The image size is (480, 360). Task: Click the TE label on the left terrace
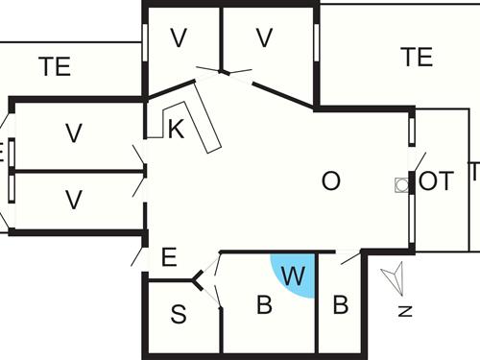(x=55, y=67)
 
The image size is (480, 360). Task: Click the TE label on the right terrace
(x=417, y=58)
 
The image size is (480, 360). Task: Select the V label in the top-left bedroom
(x=178, y=38)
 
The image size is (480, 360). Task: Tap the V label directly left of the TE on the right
(x=265, y=38)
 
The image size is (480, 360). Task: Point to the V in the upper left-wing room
(x=73, y=133)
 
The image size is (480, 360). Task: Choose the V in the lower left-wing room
(x=73, y=200)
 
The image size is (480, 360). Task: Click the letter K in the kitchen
(x=176, y=131)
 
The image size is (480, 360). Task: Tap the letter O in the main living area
(x=330, y=181)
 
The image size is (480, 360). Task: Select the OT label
(x=436, y=181)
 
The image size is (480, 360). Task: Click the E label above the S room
(x=169, y=257)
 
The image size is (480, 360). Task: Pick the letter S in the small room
(x=179, y=314)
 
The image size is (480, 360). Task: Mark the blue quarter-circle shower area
(x=288, y=269)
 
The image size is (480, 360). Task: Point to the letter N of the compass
(x=404, y=310)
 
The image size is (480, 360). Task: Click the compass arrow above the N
(x=394, y=279)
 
